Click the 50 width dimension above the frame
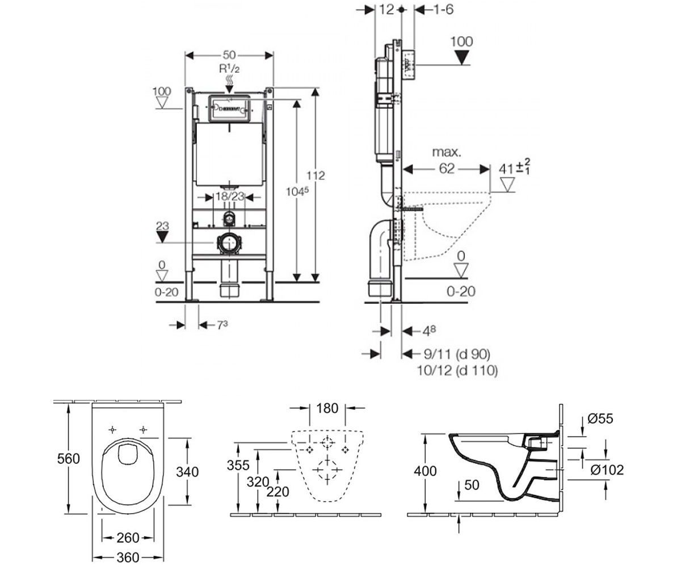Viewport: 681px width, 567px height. point(229,55)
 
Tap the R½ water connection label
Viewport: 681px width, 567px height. point(229,69)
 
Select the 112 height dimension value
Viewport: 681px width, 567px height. point(316,176)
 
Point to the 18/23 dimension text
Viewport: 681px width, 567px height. point(230,197)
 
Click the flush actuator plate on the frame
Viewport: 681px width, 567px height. point(229,108)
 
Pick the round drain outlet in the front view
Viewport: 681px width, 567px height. point(229,243)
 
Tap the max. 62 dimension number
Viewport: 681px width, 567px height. point(447,168)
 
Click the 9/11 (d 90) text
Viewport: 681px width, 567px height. point(457,354)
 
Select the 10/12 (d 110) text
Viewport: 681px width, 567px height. point(457,370)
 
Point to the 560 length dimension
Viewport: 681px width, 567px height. point(69,459)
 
